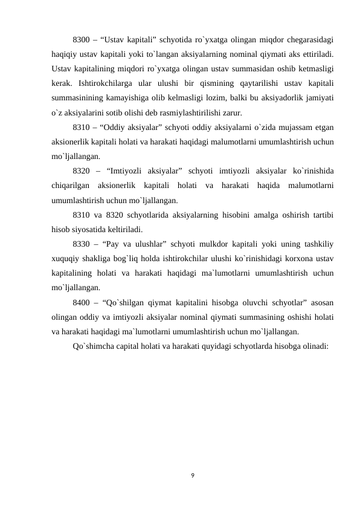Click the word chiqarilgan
[x=71, y=186]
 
